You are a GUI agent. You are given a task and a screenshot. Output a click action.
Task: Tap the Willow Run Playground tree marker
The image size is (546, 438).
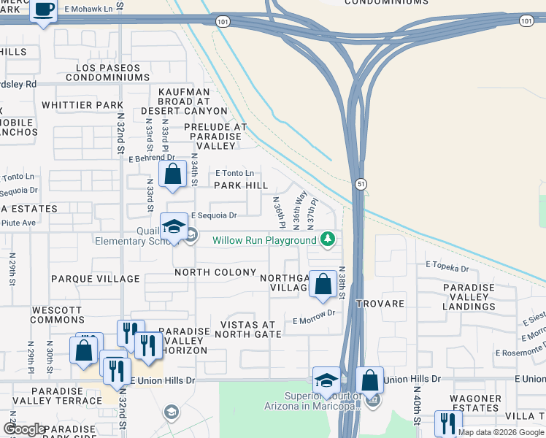click(x=328, y=239)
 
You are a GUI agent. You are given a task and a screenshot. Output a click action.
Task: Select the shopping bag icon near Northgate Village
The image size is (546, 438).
click(x=323, y=284)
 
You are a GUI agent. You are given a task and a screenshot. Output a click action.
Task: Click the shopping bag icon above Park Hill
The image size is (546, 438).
click(x=172, y=174)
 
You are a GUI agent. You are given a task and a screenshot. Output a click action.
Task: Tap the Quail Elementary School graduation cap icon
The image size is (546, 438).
click(x=174, y=226)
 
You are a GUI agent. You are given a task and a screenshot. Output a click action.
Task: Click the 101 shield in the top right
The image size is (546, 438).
click(x=526, y=22)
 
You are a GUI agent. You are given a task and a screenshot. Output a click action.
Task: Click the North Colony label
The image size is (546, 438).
click(x=215, y=272)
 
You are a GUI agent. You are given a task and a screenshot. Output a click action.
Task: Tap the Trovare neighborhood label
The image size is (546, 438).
click(x=380, y=303)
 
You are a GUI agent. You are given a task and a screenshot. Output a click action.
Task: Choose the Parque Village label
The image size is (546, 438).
click(x=95, y=279)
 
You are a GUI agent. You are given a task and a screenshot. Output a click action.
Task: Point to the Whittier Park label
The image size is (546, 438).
click(x=82, y=105)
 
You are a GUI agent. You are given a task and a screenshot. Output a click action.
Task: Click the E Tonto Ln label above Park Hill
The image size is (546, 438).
click(x=234, y=173)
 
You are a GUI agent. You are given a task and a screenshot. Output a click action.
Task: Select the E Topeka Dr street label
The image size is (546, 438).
click(x=447, y=269)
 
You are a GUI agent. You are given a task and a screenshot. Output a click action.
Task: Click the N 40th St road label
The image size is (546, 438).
click(x=417, y=411)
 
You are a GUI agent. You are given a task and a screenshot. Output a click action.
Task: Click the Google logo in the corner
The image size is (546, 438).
click(x=25, y=429)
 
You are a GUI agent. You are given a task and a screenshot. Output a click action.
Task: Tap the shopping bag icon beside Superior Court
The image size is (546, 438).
click(x=370, y=380)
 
